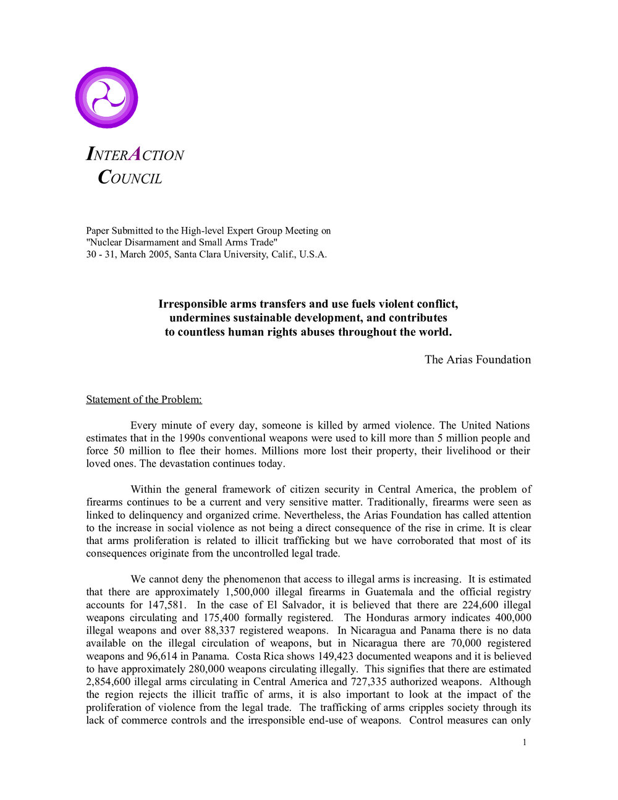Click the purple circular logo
pos(106,98)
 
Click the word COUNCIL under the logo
pos(130,178)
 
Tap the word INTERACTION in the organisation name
pos(135,155)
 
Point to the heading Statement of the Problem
pos(144,399)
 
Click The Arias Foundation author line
pos(478,360)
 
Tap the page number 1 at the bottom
pos(525,743)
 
